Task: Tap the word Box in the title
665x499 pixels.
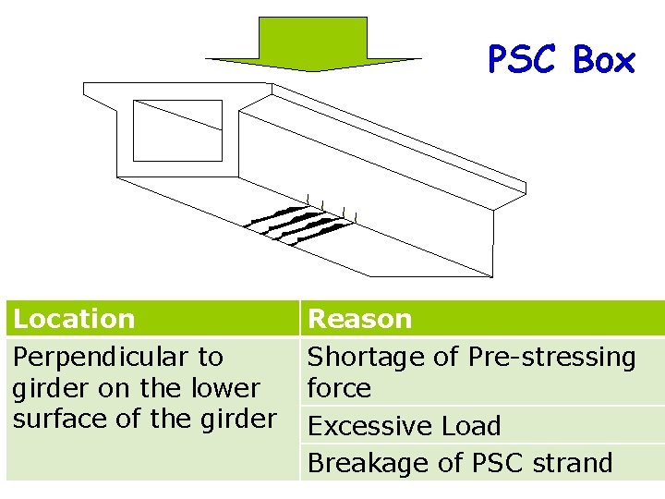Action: pyautogui.click(x=604, y=61)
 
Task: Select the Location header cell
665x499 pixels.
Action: pyautogui.click(x=74, y=319)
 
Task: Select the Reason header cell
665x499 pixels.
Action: pyautogui.click(x=359, y=319)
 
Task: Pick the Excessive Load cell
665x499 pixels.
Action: pyautogui.click(x=404, y=426)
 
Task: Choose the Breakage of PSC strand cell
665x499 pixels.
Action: pyautogui.click(x=459, y=462)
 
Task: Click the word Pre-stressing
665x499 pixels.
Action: pyautogui.click(x=552, y=357)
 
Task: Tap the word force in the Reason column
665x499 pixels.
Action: pyautogui.click(x=339, y=388)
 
